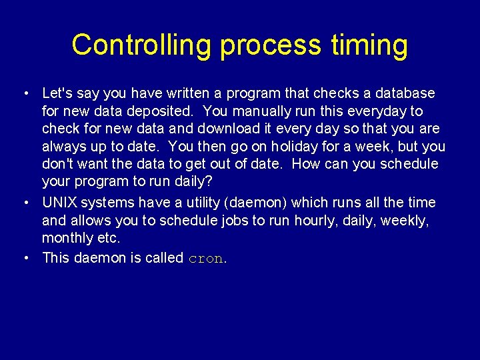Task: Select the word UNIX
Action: click(59, 202)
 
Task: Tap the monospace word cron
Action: click(205, 258)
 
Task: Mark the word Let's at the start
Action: click(57, 93)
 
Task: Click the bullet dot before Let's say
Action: click(24, 93)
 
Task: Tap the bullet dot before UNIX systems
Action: click(24, 203)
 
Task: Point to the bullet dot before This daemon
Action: click(24, 258)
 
